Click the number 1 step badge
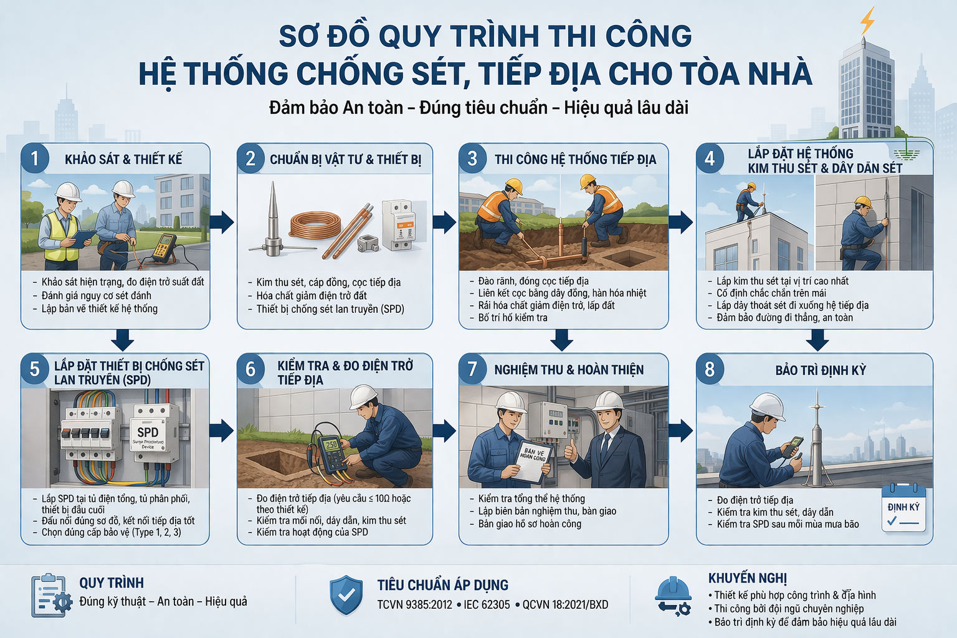tap(35, 159)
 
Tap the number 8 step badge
tap(710, 369)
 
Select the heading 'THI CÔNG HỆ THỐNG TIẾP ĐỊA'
tap(575, 159)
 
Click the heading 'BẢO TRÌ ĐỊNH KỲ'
tap(821, 370)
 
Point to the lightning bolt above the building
tap(867, 21)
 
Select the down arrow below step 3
tap(562, 340)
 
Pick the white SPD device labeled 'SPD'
tap(150, 430)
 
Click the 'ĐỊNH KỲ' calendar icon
tap(903, 508)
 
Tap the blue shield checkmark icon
tap(346, 596)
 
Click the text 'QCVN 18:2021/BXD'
tap(564, 604)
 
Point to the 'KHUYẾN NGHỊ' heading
tap(747, 578)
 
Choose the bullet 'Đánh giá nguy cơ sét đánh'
tap(96, 295)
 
